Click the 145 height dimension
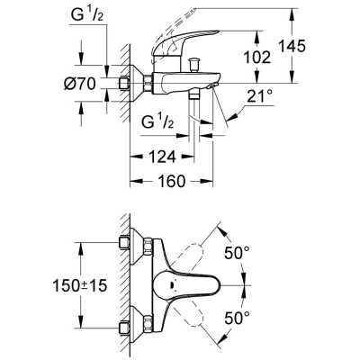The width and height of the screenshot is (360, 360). [292, 46]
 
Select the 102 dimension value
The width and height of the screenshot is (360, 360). [256, 58]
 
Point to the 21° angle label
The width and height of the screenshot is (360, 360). [260, 96]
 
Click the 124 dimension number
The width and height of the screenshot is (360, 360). [162, 157]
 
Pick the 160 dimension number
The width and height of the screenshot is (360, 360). [171, 181]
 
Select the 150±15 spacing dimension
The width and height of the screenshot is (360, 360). [80, 285]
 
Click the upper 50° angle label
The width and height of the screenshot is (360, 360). [237, 253]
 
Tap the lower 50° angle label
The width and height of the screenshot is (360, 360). [237, 318]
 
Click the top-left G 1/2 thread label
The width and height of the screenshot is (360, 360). [87, 14]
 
